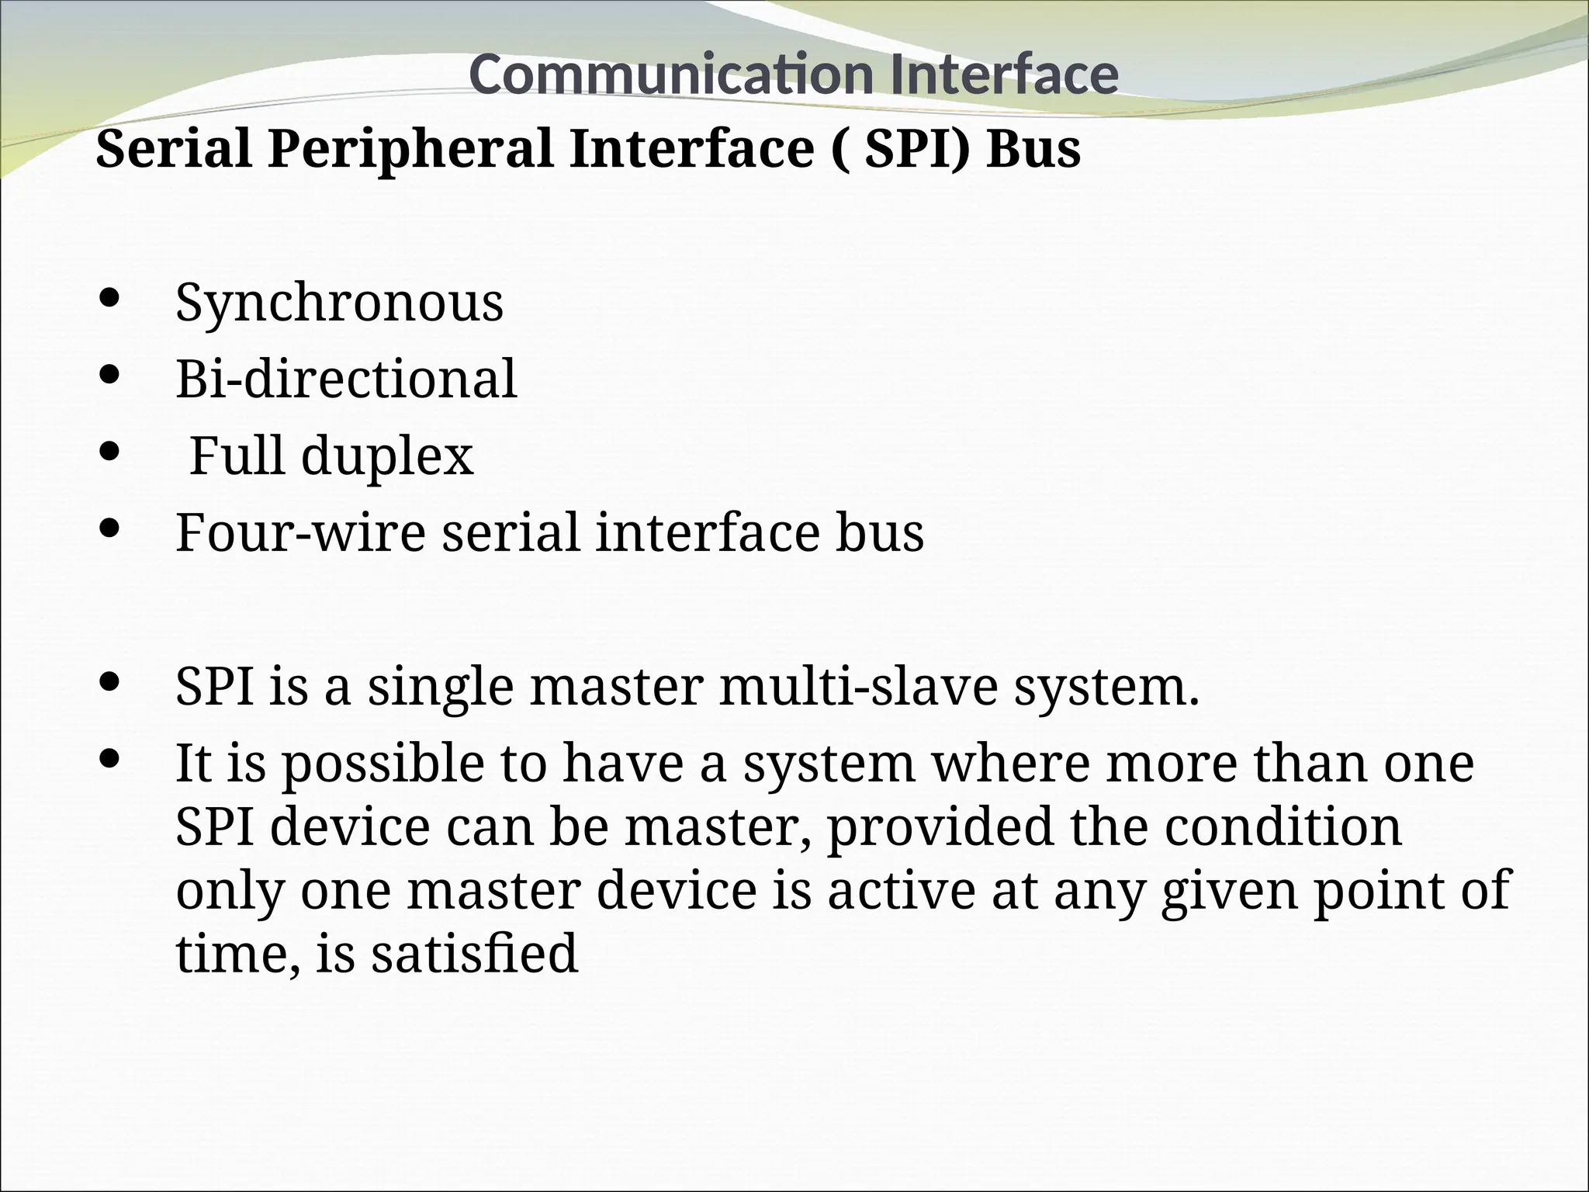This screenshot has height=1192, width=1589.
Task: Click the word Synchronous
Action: [339, 303]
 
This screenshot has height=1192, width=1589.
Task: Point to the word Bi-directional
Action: [346, 379]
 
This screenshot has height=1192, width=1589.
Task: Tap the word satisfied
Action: [474, 954]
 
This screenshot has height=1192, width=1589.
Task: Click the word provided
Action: [940, 828]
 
